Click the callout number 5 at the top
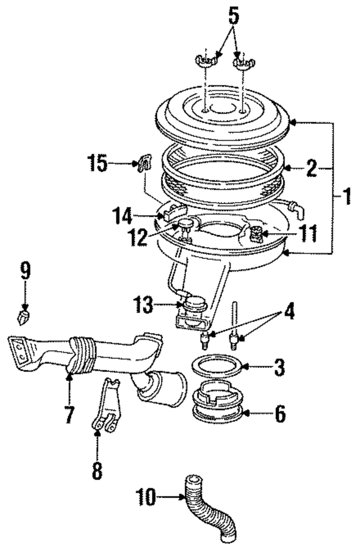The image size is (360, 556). pyautogui.click(x=233, y=16)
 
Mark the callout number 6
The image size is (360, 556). pyautogui.click(x=280, y=415)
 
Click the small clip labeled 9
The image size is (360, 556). pyautogui.click(x=23, y=318)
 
